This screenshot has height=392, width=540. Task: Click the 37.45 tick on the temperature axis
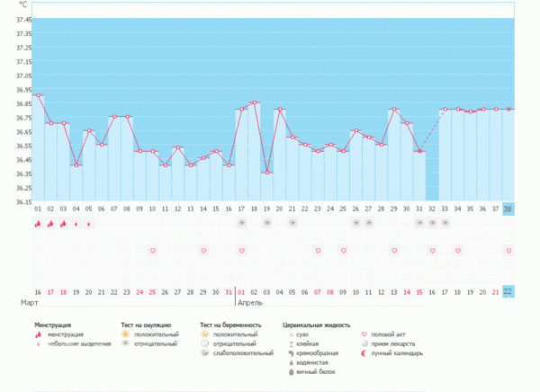tap(22, 19)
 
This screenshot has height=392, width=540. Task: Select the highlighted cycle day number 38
tap(508, 209)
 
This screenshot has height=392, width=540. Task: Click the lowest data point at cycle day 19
tap(267, 173)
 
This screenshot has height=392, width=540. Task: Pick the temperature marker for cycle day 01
tap(38, 95)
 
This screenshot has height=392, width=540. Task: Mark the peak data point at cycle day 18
tap(255, 102)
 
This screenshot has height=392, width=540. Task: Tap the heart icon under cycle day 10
tap(153, 250)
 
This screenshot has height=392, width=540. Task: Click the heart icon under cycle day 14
tap(203, 250)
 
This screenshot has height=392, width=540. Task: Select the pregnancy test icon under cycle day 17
tap(242, 222)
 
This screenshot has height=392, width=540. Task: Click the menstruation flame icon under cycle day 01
tap(38, 222)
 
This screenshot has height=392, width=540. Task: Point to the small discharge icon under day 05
tap(88, 223)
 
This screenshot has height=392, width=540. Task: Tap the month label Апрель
tap(249, 303)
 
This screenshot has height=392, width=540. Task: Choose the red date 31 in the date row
tap(229, 291)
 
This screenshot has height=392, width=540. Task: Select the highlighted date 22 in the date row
tap(508, 291)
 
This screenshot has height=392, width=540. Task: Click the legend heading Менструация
tap(53, 324)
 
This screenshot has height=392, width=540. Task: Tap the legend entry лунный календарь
tap(400, 352)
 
